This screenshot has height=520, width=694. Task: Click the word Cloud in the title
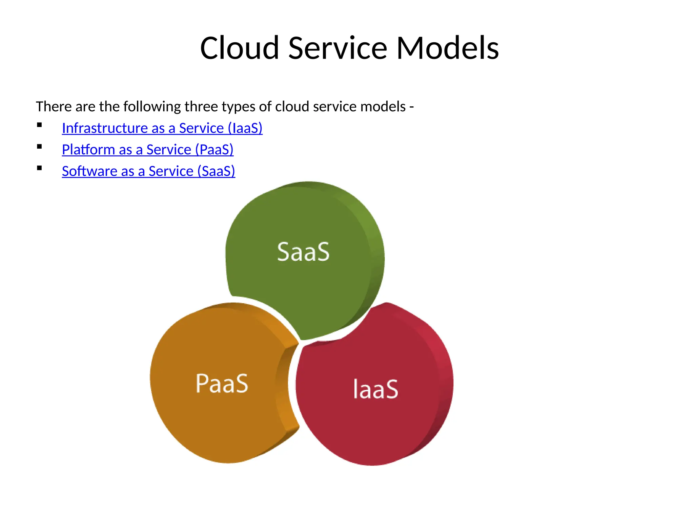[239, 48]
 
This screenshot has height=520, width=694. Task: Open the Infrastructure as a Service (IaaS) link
[162, 128]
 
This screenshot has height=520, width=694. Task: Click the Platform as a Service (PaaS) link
[147, 150]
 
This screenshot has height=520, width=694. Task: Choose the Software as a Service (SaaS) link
[148, 171]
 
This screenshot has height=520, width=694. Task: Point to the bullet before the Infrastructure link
[40, 125]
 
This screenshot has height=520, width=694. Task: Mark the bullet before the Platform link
[40, 147]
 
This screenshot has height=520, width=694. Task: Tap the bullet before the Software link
[40, 168]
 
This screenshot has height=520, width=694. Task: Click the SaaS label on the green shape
[303, 252]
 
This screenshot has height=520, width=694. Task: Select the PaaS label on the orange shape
[222, 384]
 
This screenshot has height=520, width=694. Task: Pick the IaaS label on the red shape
[375, 389]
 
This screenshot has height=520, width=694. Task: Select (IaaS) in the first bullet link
[245, 128]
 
